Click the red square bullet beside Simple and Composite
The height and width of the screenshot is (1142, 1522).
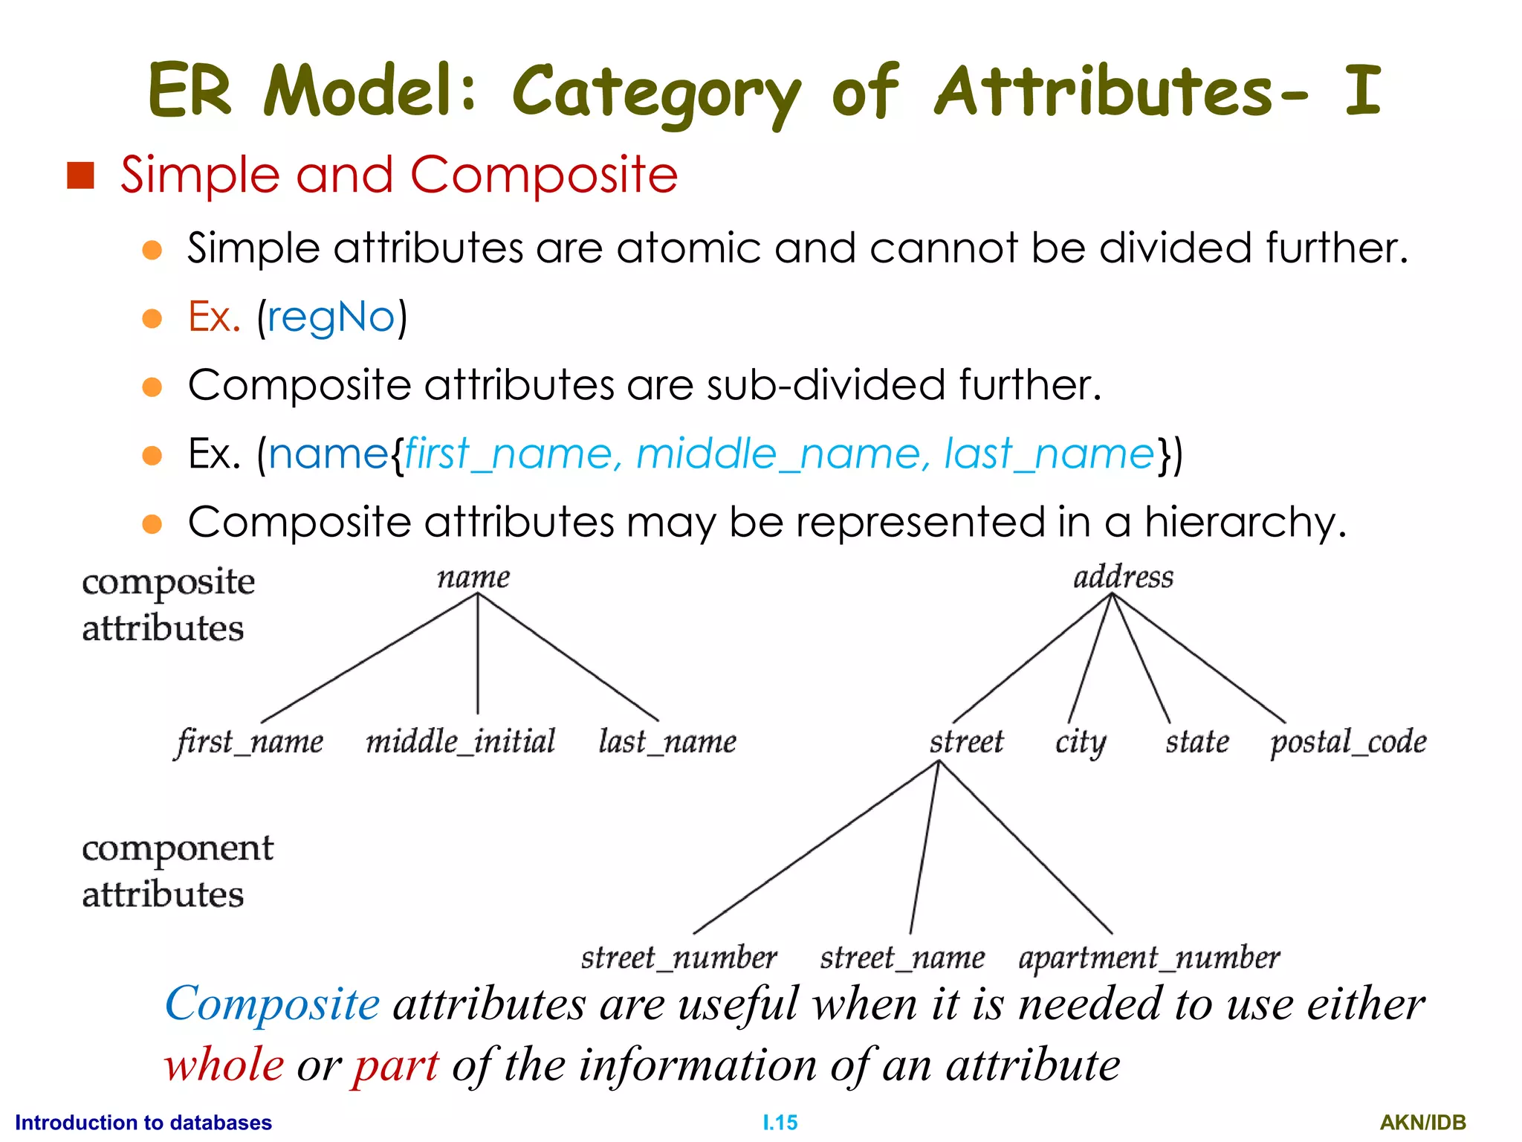click(80, 175)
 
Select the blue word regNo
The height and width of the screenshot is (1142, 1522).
click(331, 317)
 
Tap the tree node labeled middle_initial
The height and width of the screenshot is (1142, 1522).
click(461, 741)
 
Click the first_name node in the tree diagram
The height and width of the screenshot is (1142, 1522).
click(250, 742)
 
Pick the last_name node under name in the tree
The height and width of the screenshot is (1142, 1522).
click(667, 742)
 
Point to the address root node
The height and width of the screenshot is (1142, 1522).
click(1123, 577)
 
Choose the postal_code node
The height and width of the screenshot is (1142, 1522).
click(1348, 742)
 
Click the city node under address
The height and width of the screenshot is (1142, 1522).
click(1081, 742)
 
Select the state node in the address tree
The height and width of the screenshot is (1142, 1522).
click(1197, 742)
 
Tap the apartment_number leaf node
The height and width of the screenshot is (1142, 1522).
click(1149, 958)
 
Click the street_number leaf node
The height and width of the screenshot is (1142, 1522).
click(679, 958)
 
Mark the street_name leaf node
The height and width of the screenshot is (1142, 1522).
click(902, 958)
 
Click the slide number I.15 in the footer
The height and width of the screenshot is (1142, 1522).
click(780, 1122)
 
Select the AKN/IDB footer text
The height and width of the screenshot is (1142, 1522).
click(1422, 1122)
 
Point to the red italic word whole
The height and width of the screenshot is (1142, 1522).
click(224, 1065)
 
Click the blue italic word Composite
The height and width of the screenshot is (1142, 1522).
click(272, 1004)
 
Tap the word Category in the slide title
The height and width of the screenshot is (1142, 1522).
click(655, 92)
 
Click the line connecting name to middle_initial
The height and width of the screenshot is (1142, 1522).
click(477, 654)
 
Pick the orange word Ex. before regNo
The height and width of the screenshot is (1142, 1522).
click(214, 317)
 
